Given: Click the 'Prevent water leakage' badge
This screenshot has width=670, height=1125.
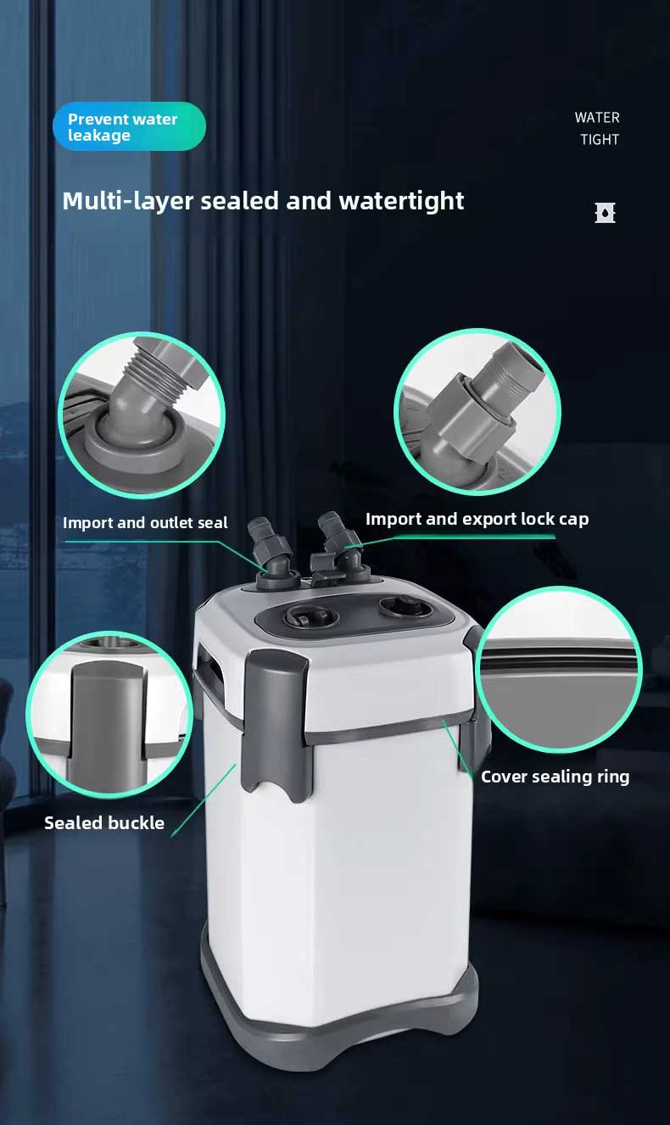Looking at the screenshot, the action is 129,126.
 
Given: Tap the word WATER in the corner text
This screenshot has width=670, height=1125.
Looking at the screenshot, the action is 597,118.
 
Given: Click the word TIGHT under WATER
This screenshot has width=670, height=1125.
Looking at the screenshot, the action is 600,140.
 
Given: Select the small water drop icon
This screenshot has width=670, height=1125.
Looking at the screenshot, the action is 606,213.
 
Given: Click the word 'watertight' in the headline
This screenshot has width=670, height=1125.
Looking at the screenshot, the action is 401,201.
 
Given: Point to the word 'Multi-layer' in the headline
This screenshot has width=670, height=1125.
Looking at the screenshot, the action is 127,202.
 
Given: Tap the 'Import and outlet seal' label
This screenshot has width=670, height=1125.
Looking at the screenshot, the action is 145,523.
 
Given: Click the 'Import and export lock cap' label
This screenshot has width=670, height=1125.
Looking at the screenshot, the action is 477,520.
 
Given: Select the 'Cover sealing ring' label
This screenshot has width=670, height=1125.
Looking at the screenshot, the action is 555,777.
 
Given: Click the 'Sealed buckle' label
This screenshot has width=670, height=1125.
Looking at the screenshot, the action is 104,823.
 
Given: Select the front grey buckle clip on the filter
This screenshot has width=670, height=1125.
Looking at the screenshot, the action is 276,724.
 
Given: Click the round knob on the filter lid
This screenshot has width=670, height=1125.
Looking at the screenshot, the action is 405,607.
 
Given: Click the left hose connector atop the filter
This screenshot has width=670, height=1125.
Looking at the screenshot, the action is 271,554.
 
